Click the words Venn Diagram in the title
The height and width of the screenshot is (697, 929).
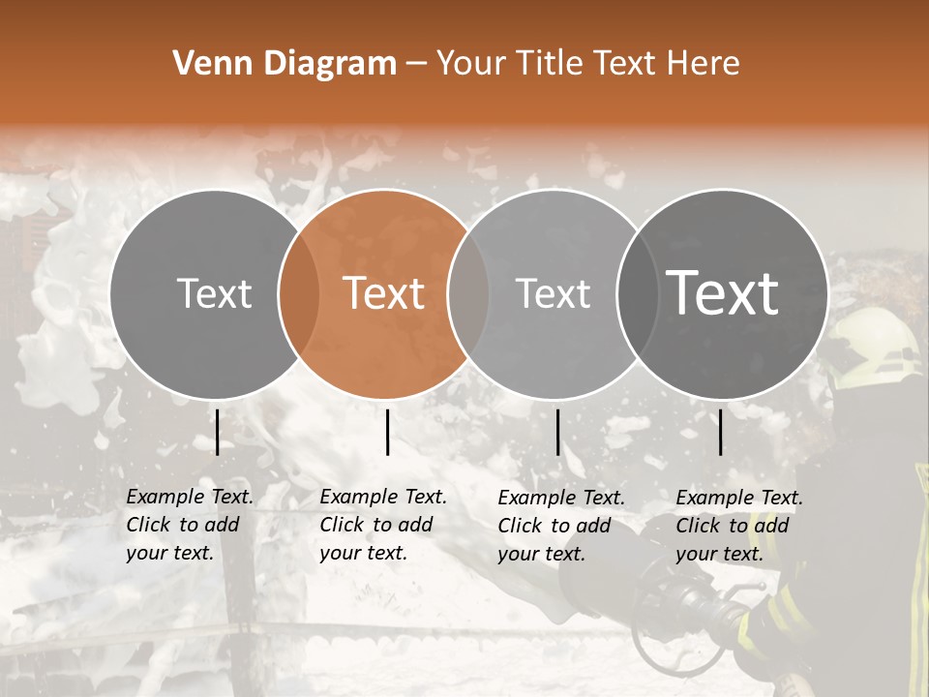pos(285,64)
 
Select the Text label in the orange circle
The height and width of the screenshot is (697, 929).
pos(383,293)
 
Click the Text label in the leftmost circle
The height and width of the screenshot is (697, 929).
pos(214,293)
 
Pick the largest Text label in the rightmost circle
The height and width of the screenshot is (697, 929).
pos(722,293)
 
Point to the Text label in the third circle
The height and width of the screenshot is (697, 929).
pos(553,293)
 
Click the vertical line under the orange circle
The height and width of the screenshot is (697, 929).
pos(387,432)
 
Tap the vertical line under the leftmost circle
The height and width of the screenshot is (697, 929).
pos(218,432)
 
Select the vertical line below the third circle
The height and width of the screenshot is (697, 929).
pos(557,432)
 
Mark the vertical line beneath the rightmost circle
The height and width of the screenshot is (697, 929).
pos(721,432)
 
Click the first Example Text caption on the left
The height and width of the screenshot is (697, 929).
pos(189,525)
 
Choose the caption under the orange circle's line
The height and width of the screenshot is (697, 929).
pos(382,525)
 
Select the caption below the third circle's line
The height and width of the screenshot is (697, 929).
pos(560,526)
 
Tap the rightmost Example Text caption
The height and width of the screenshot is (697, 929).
pos(738,526)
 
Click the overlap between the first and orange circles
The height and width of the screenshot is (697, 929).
pos(298,294)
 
